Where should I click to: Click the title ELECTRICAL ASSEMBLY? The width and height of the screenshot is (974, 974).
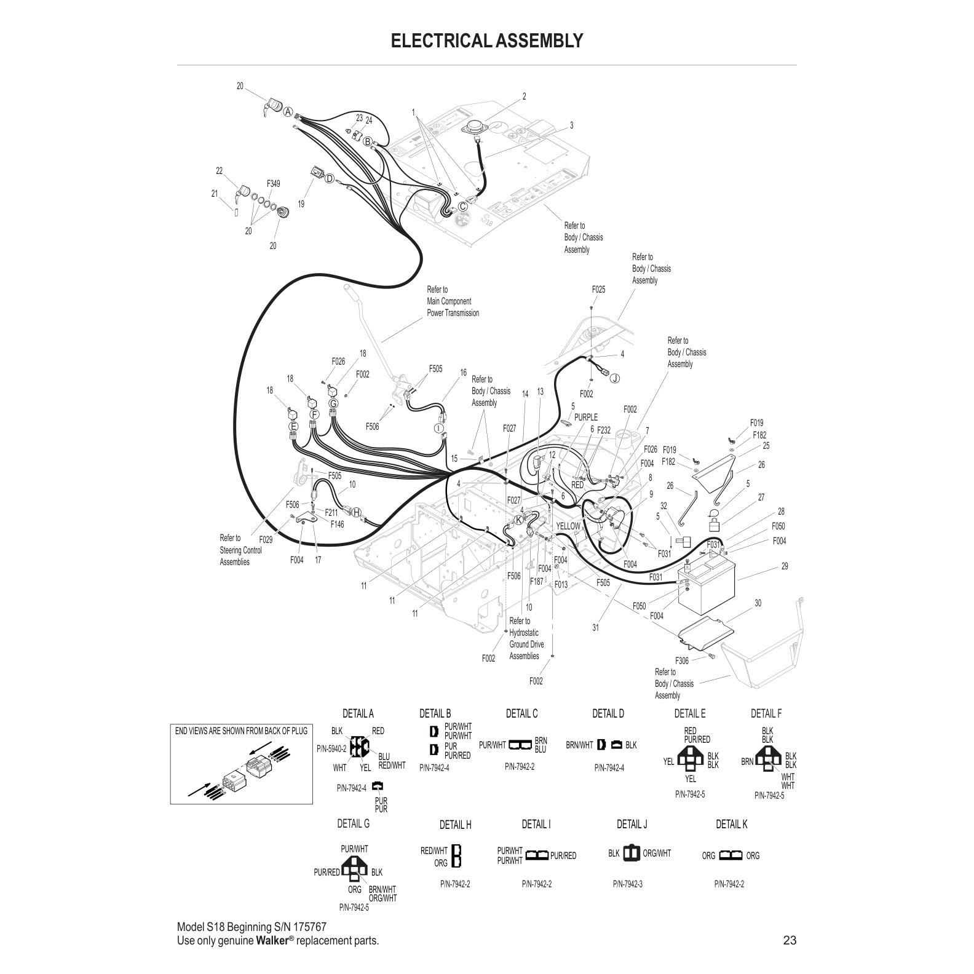click(x=486, y=41)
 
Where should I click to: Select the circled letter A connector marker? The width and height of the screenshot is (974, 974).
click(x=287, y=111)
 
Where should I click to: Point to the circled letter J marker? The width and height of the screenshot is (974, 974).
click(x=614, y=378)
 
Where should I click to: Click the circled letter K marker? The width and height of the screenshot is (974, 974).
click(x=518, y=520)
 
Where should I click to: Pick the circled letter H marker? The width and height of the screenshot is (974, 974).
click(x=357, y=512)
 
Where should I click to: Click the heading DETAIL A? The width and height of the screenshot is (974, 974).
click(x=358, y=713)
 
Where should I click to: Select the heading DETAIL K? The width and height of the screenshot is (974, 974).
click(x=731, y=824)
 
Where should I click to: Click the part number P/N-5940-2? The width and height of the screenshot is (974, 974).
click(x=331, y=748)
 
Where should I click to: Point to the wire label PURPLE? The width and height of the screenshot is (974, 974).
click(x=585, y=418)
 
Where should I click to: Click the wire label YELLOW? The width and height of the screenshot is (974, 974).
click(x=568, y=526)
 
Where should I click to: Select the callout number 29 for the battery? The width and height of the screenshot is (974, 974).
click(x=785, y=566)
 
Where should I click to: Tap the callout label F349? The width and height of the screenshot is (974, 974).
click(x=273, y=183)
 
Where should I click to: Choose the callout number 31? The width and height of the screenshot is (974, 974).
click(x=595, y=628)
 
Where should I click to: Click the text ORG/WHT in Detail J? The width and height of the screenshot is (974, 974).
click(x=657, y=853)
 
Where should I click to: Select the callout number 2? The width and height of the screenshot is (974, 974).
click(x=524, y=97)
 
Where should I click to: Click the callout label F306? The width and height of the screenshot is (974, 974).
click(x=682, y=660)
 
